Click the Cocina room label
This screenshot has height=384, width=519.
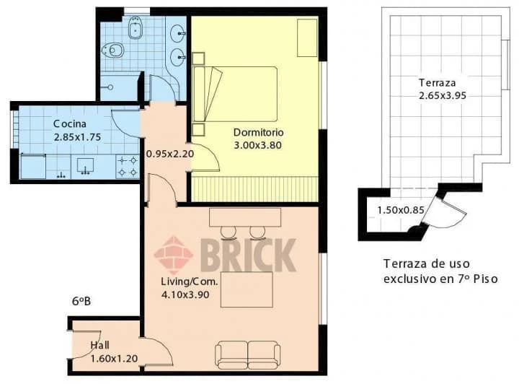point(70,124)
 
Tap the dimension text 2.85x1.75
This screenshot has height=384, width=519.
point(77,137)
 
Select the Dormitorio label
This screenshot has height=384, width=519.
point(259,132)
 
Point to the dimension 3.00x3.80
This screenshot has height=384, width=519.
point(258,145)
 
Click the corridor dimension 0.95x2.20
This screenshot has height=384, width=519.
point(170,154)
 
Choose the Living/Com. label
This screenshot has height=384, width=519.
point(190,282)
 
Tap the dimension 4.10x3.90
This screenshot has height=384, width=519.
point(185,294)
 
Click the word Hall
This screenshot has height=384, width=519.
point(100,345)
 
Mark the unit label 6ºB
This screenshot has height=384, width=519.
point(81,301)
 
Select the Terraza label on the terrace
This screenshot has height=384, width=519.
point(438,82)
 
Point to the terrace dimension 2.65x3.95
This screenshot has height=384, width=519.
point(443,96)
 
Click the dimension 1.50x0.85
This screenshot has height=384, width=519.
point(401,210)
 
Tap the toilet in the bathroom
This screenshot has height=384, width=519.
point(113,51)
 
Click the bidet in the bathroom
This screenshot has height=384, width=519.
point(135,28)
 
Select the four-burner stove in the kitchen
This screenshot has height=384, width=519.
point(128,167)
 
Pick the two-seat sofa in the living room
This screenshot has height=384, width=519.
point(247,355)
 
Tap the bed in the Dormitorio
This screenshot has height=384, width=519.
point(235,94)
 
